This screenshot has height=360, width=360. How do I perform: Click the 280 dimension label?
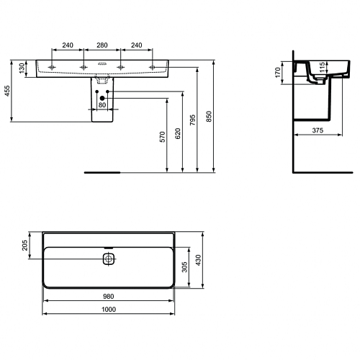[x=102, y=45]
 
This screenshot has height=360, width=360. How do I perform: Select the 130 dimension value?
[x=22, y=68]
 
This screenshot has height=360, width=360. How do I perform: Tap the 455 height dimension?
[x=7, y=91]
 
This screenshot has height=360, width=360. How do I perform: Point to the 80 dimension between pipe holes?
[x=102, y=105]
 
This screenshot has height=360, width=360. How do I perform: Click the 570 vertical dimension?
[x=163, y=137]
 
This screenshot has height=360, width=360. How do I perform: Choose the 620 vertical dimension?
[x=178, y=133]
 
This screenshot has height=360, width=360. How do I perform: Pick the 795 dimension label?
[x=193, y=120]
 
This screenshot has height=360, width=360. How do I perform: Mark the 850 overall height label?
[x=209, y=117]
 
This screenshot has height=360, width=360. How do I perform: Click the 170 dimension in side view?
[x=278, y=73]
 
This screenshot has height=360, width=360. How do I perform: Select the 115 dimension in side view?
[x=323, y=67]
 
